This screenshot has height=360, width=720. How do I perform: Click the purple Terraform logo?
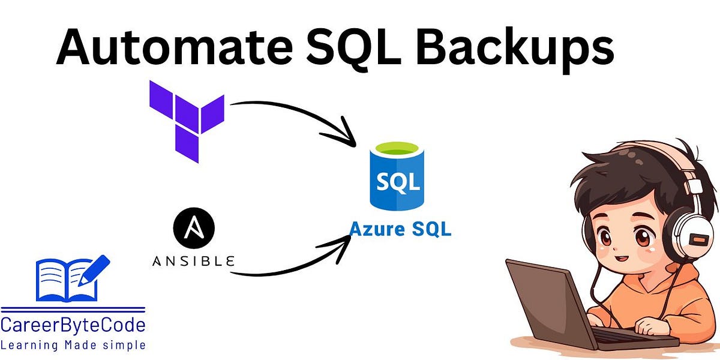tap(187, 119)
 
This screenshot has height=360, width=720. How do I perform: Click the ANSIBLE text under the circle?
tap(193, 262)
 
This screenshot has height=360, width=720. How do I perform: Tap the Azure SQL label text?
tap(400, 229)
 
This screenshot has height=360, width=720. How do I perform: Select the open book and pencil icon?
tap(72, 278)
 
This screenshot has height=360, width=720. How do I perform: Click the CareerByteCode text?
tap(73, 326)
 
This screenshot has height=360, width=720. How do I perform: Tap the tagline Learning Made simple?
tap(73, 345)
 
